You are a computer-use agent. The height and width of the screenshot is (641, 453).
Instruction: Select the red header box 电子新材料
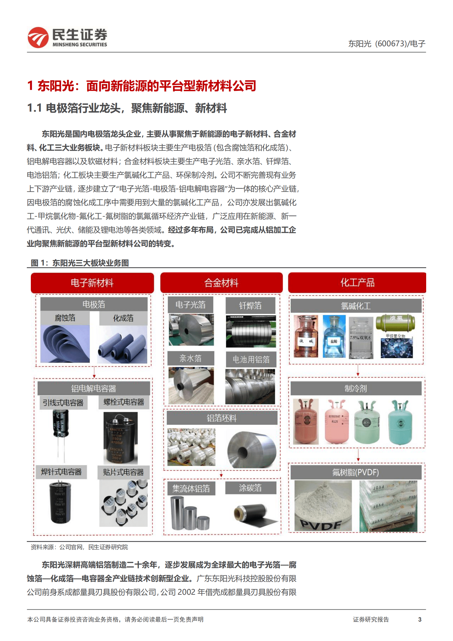[92, 283]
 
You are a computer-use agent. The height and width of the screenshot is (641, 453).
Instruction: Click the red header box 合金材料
[221, 283]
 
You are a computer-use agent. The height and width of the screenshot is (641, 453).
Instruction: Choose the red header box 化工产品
[357, 283]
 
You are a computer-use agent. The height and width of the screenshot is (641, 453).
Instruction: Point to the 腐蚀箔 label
[65, 318]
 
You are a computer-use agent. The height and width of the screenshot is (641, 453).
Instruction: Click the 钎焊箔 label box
[250, 306]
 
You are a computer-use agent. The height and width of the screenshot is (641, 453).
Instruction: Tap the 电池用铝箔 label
[251, 359]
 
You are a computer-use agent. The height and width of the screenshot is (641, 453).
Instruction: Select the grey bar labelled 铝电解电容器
[94, 388]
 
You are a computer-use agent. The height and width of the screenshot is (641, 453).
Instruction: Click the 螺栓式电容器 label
[124, 402]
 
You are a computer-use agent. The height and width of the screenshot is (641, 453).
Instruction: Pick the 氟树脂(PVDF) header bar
[356, 472]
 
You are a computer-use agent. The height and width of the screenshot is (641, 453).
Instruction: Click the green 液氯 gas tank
[396, 323]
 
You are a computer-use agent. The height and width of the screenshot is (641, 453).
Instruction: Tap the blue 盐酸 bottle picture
[334, 336]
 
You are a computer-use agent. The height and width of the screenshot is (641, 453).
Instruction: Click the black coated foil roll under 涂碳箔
[253, 513]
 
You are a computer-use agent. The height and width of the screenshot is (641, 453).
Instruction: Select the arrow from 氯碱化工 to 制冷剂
[358, 370]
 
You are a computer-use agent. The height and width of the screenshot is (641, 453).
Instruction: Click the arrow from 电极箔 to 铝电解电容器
[94, 372]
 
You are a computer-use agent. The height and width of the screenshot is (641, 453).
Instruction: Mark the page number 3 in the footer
[420, 619]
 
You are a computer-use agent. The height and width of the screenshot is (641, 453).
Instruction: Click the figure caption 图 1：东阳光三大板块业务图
[80, 263]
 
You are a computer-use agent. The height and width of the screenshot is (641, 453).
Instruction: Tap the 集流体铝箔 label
[191, 489]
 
